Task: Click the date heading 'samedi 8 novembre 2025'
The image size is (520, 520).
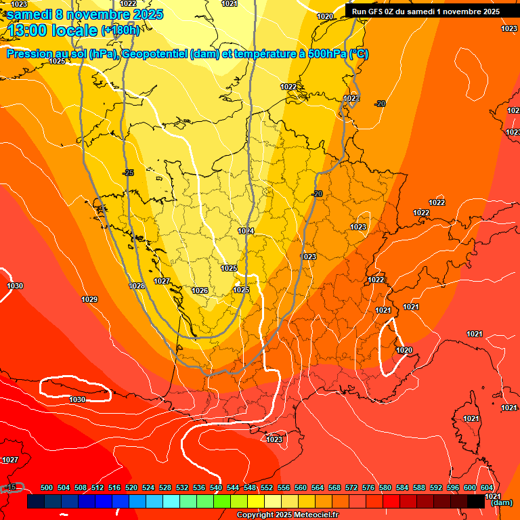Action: [x=85, y=14]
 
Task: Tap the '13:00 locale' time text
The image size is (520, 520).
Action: [x=53, y=30]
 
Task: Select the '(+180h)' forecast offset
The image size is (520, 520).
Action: [x=120, y=30]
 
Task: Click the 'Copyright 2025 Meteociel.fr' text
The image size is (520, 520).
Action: [x=287, y=515]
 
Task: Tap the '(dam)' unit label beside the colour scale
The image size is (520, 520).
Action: [x=501, y=502]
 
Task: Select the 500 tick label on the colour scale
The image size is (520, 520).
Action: [x=47, y=487]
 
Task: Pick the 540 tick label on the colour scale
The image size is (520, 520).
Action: [x=216, y=487]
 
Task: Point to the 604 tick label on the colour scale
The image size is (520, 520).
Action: [x=487, y=487]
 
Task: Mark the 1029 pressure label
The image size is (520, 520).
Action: [x=89, y=299]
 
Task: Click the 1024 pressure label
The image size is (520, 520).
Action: [x=246, y=232]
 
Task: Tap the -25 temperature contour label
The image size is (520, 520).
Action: [x=128, y=173]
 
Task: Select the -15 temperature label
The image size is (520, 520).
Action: [x=11, y=487]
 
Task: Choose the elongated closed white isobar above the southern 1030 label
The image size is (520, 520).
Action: [x=74, y=387]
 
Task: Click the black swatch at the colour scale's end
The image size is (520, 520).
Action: [x=475, y=502]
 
